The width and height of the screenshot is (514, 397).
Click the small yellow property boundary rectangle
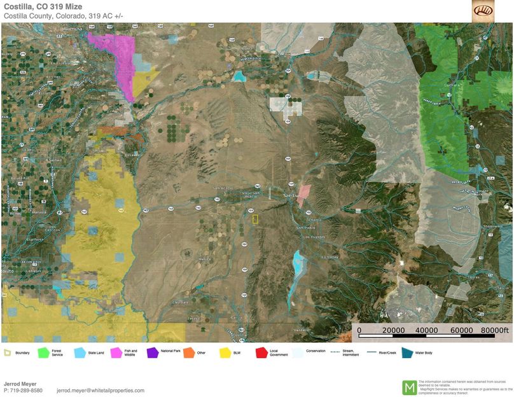[x=255, y=219]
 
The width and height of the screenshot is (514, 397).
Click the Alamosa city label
[x=73, y=29]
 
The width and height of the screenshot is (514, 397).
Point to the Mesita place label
[x=204, y=259]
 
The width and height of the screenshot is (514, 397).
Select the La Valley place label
[x=330, y=257]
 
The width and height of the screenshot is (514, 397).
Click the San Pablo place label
[x=304, y=227]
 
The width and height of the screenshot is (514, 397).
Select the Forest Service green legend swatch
[x=43, y=352]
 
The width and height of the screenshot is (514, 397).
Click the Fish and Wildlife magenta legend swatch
[x=116, y=352]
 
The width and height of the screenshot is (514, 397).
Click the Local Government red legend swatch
[x=261, y=352]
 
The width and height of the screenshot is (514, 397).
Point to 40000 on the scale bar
[x=426, y=330]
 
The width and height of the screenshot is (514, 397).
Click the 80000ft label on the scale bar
[x=495, y=330]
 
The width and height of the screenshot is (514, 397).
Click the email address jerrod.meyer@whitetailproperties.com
[x=101, y=390]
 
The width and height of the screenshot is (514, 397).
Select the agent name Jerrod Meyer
[x=21, y=383]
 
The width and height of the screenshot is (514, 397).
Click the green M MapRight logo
[x=410, y=387]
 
